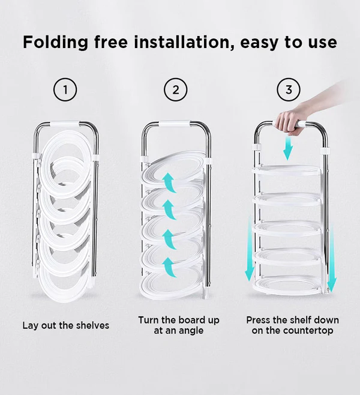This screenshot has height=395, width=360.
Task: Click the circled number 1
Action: pos(65,89)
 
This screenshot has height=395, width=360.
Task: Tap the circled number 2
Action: pos(176,89)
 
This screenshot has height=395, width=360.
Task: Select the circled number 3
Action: pos(289,89)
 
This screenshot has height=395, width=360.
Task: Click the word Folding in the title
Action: pos(56,42)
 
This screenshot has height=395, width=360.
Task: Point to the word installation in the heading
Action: pos(182,42)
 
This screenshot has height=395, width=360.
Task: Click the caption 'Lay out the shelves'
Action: pos(66,325)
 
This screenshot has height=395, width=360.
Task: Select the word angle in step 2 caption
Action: pos(190,331)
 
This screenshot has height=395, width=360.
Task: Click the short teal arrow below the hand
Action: pos(288,149)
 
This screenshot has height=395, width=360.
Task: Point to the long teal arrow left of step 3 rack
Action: pos(250,248)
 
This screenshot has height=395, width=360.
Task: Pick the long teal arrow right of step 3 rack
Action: pos(332,257)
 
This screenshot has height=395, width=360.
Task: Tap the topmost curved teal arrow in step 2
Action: pos(169,183)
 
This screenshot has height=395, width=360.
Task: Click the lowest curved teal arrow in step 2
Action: pos(169,268)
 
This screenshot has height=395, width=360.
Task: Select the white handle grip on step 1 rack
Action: pos(65,124)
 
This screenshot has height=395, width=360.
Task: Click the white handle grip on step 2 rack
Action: pos(175,124)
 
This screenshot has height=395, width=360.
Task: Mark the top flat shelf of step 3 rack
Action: pos(286,170)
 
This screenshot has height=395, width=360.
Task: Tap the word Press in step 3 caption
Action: pos(258,320)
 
